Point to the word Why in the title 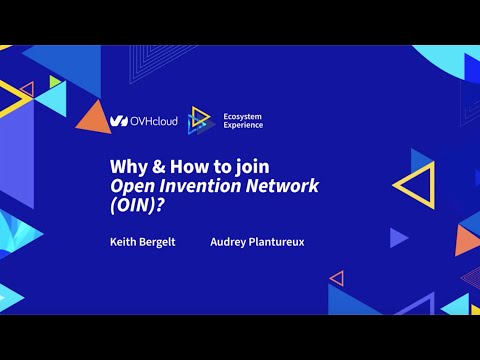pyautogui.click(x=124, y=168)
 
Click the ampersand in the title pyautogui.click(x=152, y=168)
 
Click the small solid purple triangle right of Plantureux pyautogui.click(x=397, y=237)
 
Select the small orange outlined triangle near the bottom pyautogui.click(x=337, y=278)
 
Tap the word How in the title pyautogui.click(x=178, y=168)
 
